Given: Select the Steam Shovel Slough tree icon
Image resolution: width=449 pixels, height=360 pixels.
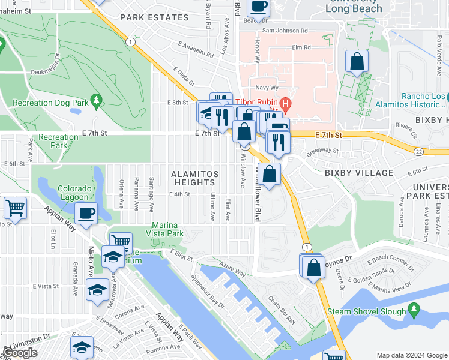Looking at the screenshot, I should click(x=413, y=309).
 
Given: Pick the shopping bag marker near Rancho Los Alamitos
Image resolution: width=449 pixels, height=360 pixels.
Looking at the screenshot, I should click(x=357, y=61).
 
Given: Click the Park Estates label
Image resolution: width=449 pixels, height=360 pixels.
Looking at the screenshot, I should click(x=154, y=17).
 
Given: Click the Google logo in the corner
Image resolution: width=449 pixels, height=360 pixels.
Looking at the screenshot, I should click(x=20, y=353).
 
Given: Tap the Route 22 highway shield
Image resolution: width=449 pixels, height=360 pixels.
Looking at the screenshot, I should click(x=418, y=152).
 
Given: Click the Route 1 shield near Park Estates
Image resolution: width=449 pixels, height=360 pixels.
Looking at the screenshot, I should click(x=130, y=41).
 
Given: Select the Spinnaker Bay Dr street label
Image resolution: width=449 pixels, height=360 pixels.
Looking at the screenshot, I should click(x=208, y=292).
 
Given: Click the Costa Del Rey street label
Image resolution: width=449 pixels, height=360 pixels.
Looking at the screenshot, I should click(x=282, y=310).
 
